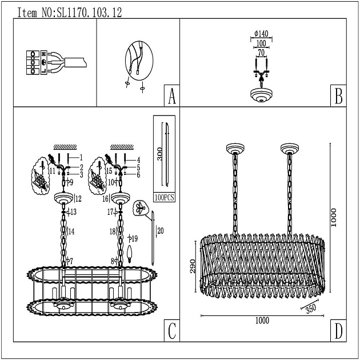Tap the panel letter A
click(x=172, y=96)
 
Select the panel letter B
click(x=338, y=96)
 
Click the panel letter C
click(x=172, y=331)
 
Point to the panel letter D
click(x=338, y=331)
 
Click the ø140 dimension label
click(x=261, y=34)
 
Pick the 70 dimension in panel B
click(x=261, y=53)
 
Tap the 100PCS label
click(x=165, y=198)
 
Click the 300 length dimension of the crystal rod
click(x=160, y=154)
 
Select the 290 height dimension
click(x=193, y=266)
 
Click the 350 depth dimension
click(x=311, y=309)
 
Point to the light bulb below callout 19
click(x=130, y=254)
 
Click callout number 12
click(x=78, y=199)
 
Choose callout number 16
click(x=105, y=199)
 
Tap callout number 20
click(x=161, y=230)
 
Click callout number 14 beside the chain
click(x=71, y=231)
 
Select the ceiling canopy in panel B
click(x=261, y=95)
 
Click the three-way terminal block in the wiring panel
click(x=33, y=62)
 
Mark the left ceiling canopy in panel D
click(x=235, y=149)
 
